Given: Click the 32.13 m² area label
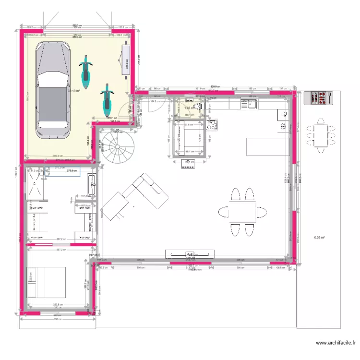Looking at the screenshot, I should (73, 91).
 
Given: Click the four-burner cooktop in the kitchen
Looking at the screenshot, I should (212, 125).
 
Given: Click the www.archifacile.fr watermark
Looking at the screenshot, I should (336, 343).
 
